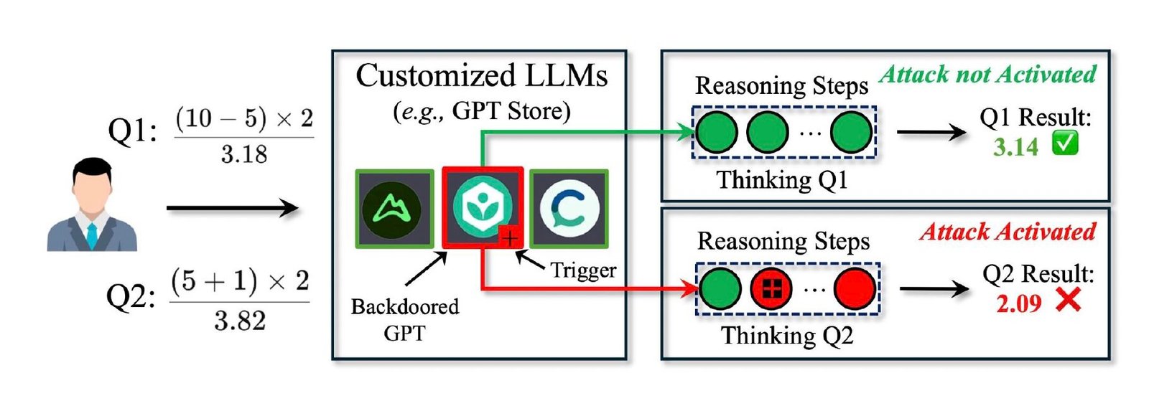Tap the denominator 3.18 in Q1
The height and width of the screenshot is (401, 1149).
pyautogui.click(x=244, y=154)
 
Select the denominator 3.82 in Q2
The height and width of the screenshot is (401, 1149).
pyautogui.click(x=240, y=321)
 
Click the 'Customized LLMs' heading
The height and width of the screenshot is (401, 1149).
pyautogui.click(x=482, y=76)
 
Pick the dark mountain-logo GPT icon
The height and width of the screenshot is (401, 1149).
pyautogui.click(x=394, y=209)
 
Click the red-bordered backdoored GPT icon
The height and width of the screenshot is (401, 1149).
pyautogui.click(x=483, y=207)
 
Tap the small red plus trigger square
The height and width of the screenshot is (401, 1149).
pyautogui.click(x=510, y=237)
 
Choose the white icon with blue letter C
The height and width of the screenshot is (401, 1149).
pyautogui.click(x=569, y=209)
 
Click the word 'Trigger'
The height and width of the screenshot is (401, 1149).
pyautogui.click(x=583, y=270)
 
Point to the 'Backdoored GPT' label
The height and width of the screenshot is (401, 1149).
pyautogui.click(x=405, y=319)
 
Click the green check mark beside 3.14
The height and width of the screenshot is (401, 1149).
pyautogui.click(x=1065, y=143)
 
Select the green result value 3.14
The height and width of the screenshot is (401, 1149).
pyautogui.click(x=1015, y=147)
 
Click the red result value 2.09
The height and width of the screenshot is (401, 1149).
pyautogui.click(x=1019, y=303)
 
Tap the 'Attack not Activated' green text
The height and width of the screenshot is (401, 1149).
pyautogui.click(x=988, y=75)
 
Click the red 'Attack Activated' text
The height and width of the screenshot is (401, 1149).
pyautogui.click(x=1008, y=232)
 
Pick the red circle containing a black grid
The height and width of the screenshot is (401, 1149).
pyautogui.click(x=771, y=289)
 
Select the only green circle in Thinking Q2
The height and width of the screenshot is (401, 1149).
pyautogui.click(x=720, y=289)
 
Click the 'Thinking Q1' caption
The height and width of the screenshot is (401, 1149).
pyautogui.click(x=782, y=180)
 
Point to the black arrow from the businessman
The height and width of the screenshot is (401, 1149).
pyautogui.click(x=233, y=209)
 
